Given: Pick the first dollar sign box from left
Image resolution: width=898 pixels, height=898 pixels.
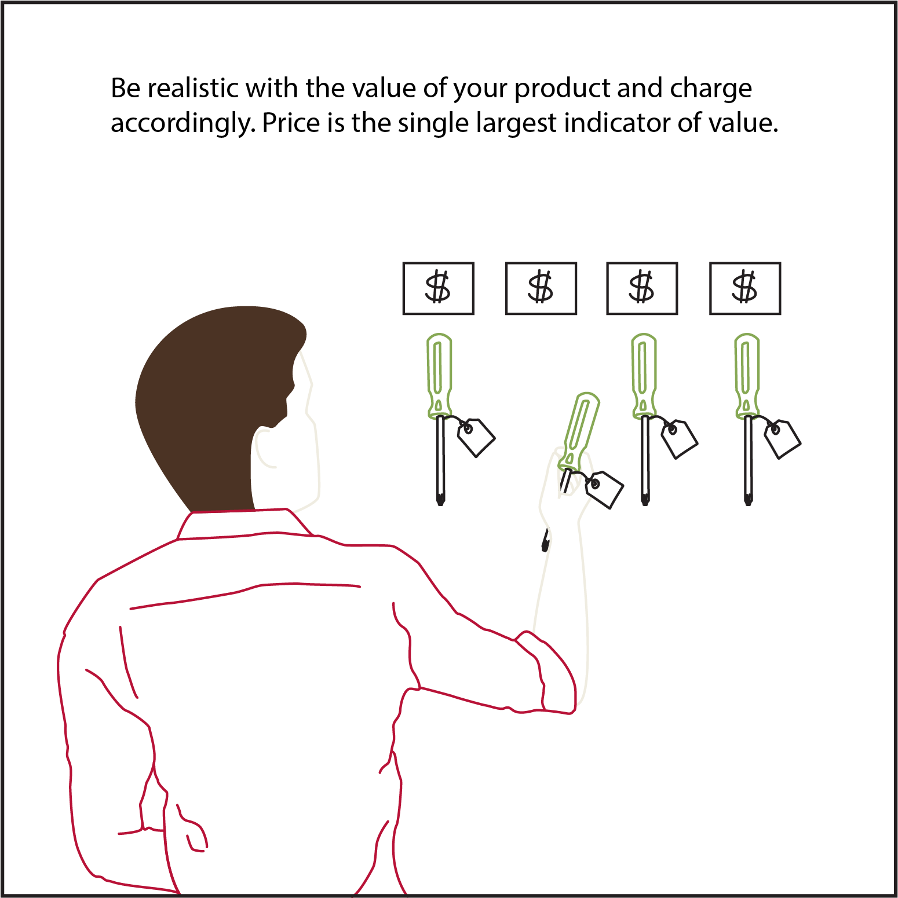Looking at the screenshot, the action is point(439,288).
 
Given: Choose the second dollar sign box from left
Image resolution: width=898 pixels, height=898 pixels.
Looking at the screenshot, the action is point(541,288).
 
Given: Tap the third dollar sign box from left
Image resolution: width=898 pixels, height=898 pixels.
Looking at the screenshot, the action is point(642,288).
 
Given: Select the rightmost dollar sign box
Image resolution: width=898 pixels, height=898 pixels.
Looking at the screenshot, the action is point(745,288).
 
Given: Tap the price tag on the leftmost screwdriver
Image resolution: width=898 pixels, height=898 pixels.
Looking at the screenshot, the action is point(476,438).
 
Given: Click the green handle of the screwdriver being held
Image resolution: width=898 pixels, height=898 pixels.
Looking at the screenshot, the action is point(579,431).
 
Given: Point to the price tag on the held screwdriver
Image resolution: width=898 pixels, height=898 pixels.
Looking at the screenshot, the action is point(604,490).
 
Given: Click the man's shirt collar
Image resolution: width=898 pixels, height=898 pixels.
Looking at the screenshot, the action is point(243,524).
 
